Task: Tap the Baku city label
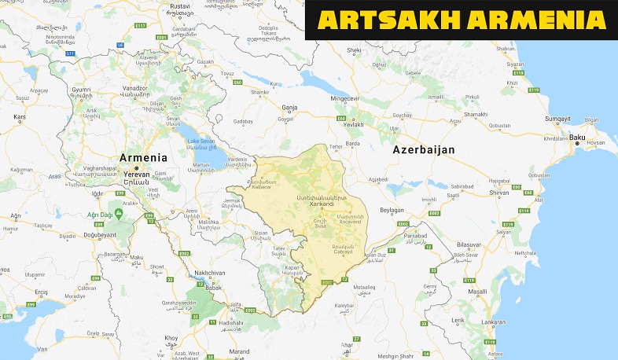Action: click(578, 138)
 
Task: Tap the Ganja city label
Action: click(289, 107)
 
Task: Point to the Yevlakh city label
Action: click(355, 124)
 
